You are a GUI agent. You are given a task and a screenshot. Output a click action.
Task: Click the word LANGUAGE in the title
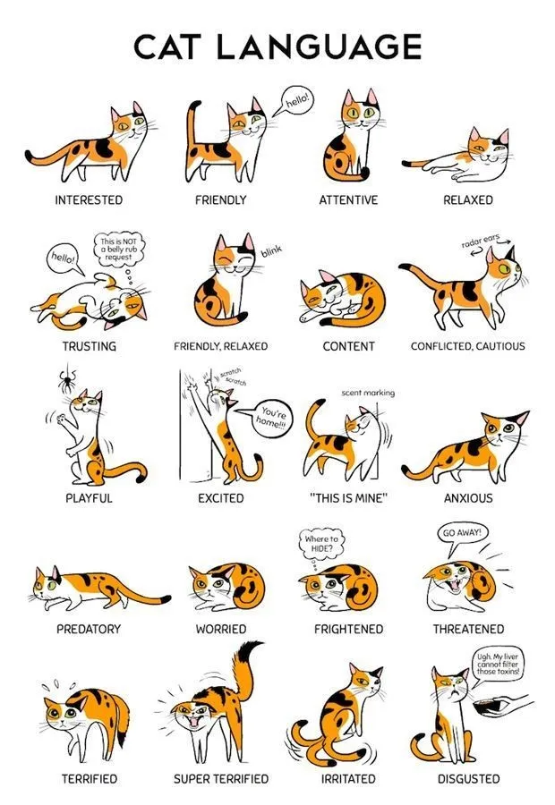point(319,47)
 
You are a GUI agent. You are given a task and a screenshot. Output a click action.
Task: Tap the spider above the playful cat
point(67,380)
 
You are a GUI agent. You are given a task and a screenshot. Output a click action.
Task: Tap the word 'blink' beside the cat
point(271,251)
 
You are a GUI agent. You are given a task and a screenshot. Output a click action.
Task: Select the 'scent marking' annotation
point(368,393)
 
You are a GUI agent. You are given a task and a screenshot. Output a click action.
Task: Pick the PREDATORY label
point(89,629)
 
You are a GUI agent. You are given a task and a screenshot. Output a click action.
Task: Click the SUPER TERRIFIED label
point(221,779)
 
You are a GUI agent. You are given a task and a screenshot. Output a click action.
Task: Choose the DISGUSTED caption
point(468,779)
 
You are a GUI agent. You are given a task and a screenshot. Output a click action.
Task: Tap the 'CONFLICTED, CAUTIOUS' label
point(467,346)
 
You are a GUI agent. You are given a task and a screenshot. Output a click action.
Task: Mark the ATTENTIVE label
point(348,199)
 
